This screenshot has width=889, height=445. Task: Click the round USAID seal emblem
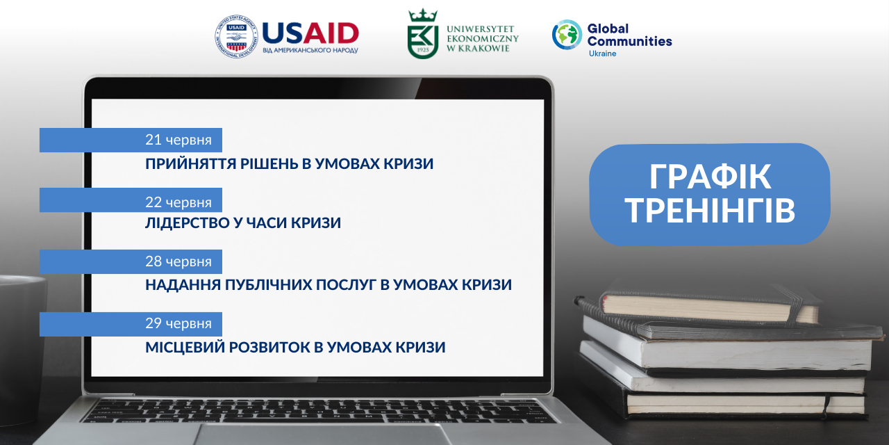tap(236, 37)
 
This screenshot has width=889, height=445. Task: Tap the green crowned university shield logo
tap(423, 34)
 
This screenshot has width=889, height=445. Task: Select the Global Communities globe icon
tap(567, 35)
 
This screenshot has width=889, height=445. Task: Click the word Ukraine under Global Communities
tap(602, 54)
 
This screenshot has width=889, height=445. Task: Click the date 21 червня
tap(178, 140)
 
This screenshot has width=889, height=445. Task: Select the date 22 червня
tap(178, 202)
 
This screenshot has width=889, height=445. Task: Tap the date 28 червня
tap(178, 261)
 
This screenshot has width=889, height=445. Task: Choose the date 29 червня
tap(178, 323)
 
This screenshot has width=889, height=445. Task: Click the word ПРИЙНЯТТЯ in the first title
tap(191, 163)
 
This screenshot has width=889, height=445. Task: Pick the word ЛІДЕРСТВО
tap(187, 223)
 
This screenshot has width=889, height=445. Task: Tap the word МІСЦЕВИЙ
tap(185, 347)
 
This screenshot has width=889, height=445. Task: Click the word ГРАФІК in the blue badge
tap(710, 177)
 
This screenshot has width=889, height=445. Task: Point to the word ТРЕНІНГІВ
tap(710, 211)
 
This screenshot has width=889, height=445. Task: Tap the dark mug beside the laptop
tap(22, 350)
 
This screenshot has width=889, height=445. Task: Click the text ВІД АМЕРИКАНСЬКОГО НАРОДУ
tap(310, 51)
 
